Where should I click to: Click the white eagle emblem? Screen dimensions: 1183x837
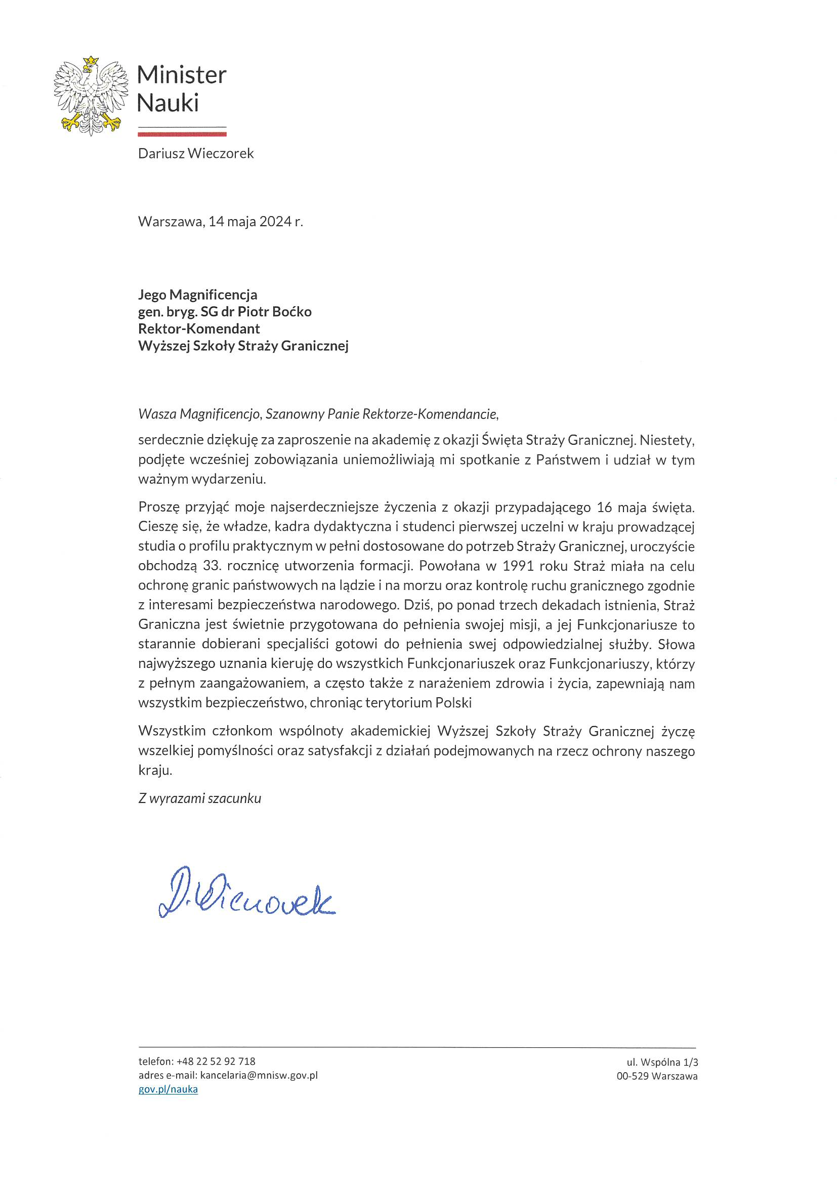tap(91, 96)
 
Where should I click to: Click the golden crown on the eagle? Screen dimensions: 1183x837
tap(91, 61)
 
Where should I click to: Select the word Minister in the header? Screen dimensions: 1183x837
tap(182, 75)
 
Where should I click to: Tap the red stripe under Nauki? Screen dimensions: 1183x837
tap(182, 134)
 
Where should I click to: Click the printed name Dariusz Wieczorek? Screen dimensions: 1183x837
tap(196, 153)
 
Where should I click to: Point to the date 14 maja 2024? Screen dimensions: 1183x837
tap(250, 222)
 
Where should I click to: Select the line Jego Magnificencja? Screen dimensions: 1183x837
tap(197, 294)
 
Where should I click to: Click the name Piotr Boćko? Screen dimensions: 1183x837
tap(274, 312)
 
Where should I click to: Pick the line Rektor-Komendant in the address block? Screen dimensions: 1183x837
tap(199, 329)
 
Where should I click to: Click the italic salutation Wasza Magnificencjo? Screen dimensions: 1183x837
tap(200, 414)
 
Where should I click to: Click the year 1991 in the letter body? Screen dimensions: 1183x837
tap(518, 566)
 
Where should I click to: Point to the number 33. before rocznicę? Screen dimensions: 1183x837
tap(212, 566)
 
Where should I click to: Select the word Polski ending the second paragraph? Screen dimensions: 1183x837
tap(453, 703)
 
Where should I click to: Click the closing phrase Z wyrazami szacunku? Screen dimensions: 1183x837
tap(199, 798)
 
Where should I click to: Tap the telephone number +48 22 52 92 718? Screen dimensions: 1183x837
tap(216, 1062)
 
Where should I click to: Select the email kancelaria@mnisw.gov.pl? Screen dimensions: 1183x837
tap(259, 1075)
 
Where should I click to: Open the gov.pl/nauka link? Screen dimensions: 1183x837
tap(168, 1089)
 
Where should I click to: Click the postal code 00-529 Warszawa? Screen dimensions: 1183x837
tap(657, 1076)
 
